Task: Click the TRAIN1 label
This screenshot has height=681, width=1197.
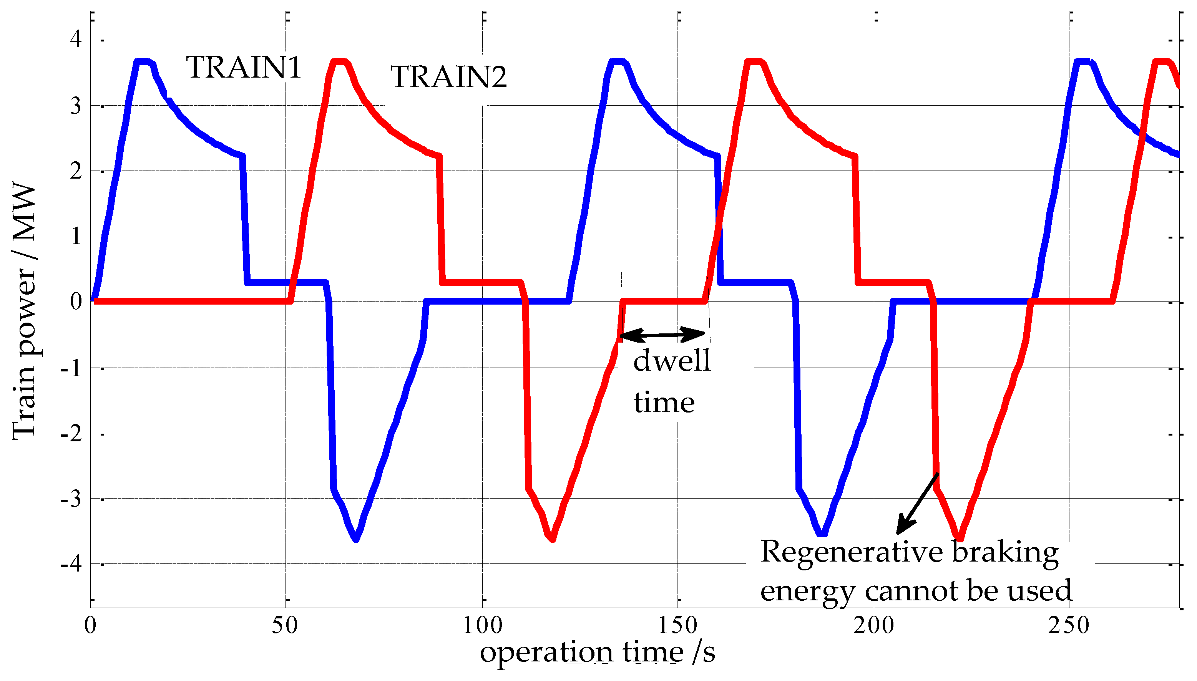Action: pos(243,67)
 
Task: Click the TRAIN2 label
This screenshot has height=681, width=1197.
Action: pos(448,77)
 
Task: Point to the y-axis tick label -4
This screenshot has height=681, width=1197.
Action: pos(71,564)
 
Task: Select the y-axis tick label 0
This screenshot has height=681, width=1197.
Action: pos(76,301)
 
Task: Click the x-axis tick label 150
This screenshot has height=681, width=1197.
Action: pos(677,625)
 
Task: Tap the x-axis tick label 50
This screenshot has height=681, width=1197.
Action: pos(285,625)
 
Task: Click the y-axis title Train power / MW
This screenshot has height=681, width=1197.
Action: pos(24,311)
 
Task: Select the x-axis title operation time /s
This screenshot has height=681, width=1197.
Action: pos(597,652)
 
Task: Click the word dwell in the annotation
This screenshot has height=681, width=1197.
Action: pos(671,361)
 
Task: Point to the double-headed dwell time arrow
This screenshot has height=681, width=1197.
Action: pos(662,335)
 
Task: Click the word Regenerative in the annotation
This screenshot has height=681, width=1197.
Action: pos(851,552)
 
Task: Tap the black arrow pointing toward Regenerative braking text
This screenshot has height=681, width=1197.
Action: pos(917,504)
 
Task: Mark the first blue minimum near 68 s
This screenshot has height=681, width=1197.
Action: pos(357,539)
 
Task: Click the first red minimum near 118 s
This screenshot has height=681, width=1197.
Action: pos(553,539)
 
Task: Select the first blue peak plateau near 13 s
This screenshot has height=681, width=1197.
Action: pos(142,62)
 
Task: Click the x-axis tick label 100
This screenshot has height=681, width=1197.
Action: pos(482,625)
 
